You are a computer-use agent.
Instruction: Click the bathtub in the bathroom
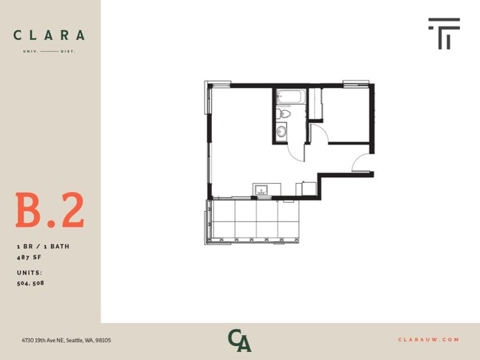pyautogui.click(x=287, y=97)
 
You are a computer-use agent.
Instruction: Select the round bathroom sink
pyautogui.click(x=281, y=132)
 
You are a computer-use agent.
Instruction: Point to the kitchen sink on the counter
pyautogui.click(x=261, y=190)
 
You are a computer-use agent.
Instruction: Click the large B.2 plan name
pyautogui.click(x=50, y=211)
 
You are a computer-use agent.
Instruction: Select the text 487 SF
pyautogui.click(x=30, y=257)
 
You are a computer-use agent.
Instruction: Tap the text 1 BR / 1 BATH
pyautogui.click(x=43, y=246)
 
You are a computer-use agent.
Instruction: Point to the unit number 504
pyautogui.click(x=23, y=283)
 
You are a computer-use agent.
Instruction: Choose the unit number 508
pyautogui.click(x=38, y=283)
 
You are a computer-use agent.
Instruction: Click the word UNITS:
pyautogui.click(x=30, y=272)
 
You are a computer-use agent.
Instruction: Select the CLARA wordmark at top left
pyautogui.click(x=49, y=35)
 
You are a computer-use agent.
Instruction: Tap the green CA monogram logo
pyautogui.click(x=239, y=340)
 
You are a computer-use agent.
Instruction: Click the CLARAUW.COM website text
pyautogui.click(x=428, y=339)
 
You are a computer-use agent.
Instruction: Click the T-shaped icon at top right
pyautogui.click(x=444, y=34)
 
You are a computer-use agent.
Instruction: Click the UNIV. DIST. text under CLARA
pyautogui.click(x=49, y=51)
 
